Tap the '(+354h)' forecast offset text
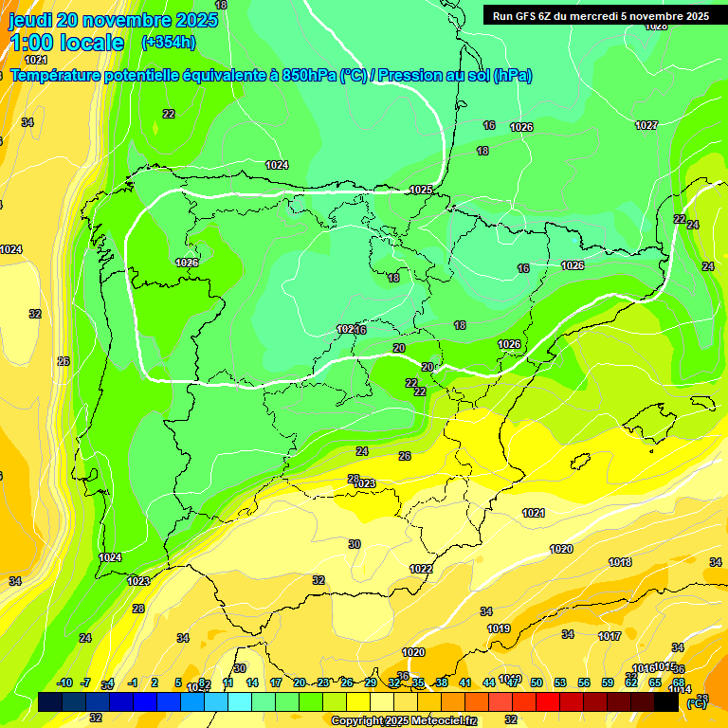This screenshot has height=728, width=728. [168, 42]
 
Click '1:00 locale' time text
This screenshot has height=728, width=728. [67, 43]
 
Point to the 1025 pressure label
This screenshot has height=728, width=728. [421, 190]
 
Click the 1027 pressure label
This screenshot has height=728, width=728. [646, 125]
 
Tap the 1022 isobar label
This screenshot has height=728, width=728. [421, 569]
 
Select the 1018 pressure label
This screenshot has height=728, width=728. [620, 562]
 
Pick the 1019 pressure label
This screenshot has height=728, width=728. [499, 628]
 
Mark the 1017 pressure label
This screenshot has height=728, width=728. [610, 636]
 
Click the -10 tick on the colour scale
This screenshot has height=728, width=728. [64, 682]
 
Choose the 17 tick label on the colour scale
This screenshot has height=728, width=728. [276, 682]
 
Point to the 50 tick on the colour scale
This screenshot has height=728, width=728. [537, 682]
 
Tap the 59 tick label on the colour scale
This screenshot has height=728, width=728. [608, 682]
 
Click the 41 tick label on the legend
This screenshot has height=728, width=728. [465, 682]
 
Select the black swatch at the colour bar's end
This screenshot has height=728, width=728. [666, 701]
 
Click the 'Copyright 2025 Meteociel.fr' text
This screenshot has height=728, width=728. [404, 720]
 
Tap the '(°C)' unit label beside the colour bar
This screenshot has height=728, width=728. [696, 703]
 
